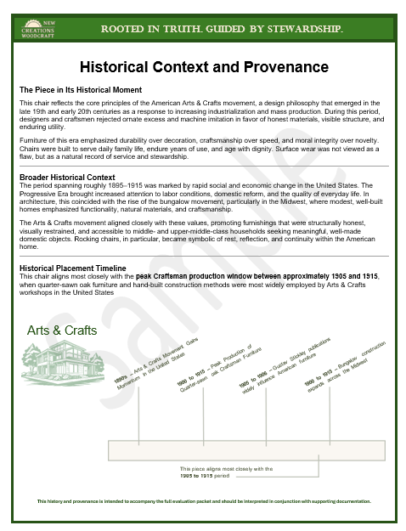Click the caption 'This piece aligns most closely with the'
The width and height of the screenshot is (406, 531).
tap(226, 468)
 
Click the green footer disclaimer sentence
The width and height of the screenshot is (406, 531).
tap(204, 502)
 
